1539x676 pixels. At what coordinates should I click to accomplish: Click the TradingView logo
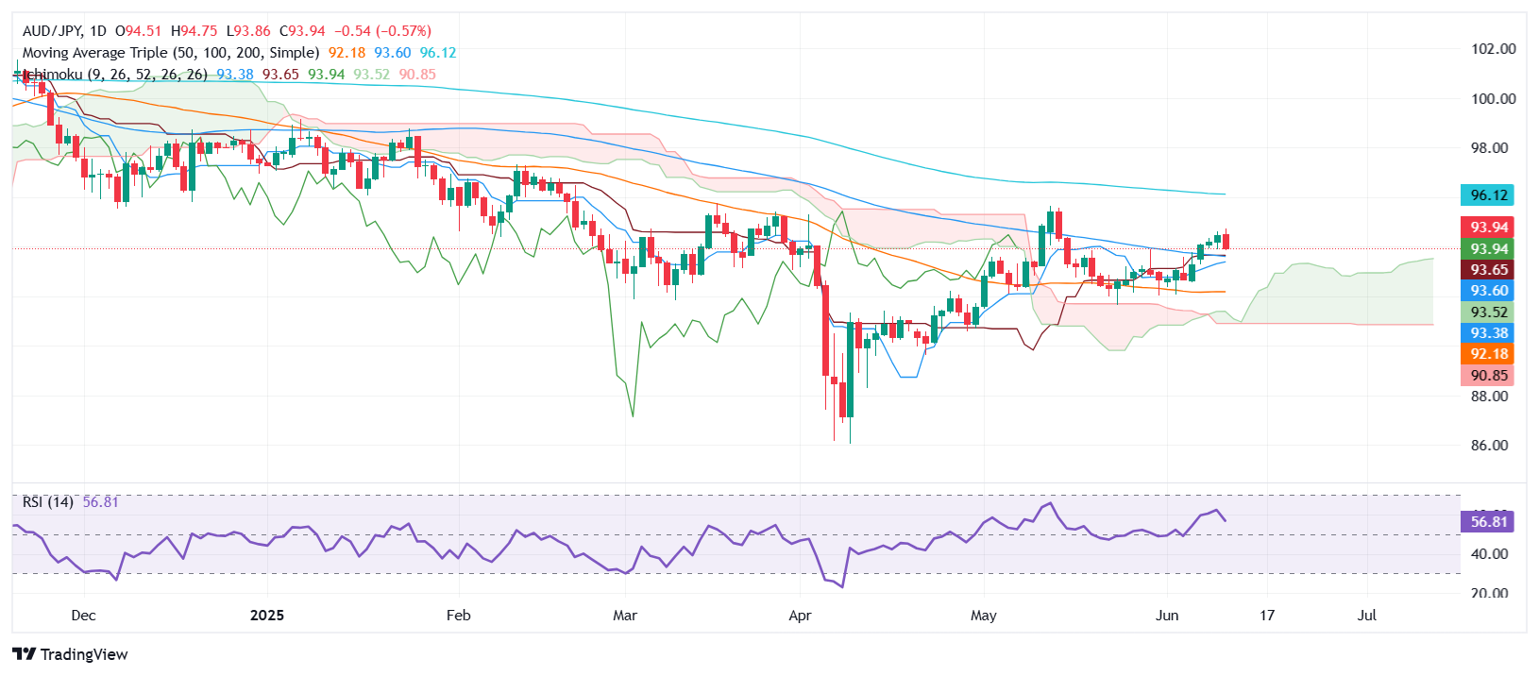click(70, 654)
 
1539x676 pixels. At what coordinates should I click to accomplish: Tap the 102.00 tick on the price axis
click(1493, 49)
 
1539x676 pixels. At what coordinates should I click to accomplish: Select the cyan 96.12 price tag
click(1488, 195)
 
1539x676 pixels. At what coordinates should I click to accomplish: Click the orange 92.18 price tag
click(1488, 354)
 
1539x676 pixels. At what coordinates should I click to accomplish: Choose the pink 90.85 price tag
click(1488, 376)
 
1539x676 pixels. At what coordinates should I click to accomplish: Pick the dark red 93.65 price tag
click(1488, 270)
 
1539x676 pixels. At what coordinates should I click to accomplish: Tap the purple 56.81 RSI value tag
click(1488, 522)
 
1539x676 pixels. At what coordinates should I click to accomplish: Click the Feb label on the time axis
click(458, 616)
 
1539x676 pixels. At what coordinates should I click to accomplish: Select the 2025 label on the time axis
click(266, 616)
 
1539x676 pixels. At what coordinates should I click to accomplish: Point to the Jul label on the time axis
click(1366, 616)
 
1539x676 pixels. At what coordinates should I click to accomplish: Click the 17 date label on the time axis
click(1267, 616)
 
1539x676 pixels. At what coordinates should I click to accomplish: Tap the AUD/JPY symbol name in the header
click(52, 31)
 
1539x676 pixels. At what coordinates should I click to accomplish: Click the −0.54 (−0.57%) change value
click(382, 31)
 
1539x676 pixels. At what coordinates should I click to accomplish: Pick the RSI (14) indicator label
click(48, 502)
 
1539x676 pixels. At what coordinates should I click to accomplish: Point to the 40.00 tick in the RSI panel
click(1490, 554)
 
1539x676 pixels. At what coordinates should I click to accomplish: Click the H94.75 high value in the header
click(194, 31)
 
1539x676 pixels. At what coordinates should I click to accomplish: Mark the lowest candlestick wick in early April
click(850, 439)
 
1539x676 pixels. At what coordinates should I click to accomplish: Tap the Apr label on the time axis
click(800, 616)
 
